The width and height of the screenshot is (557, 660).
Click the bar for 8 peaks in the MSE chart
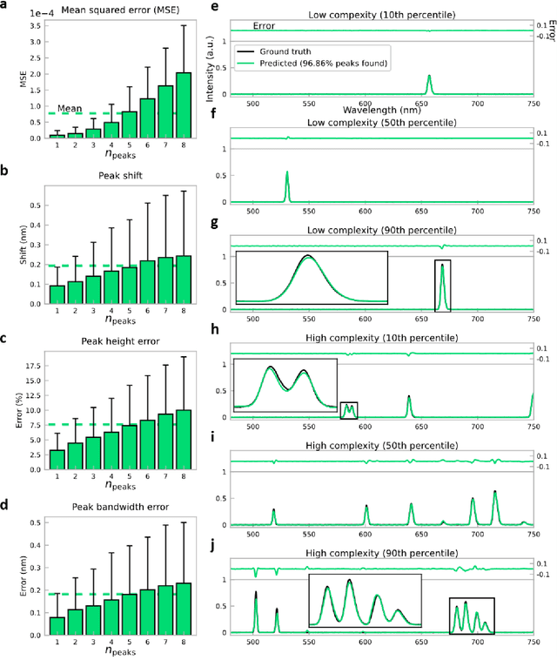(184, 105)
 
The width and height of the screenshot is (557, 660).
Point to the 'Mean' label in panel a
(70, 110)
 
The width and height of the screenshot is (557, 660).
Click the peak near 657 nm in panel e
(429, 84)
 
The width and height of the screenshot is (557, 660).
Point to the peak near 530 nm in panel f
(287, 185)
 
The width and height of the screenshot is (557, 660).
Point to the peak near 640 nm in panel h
(409, 407)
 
